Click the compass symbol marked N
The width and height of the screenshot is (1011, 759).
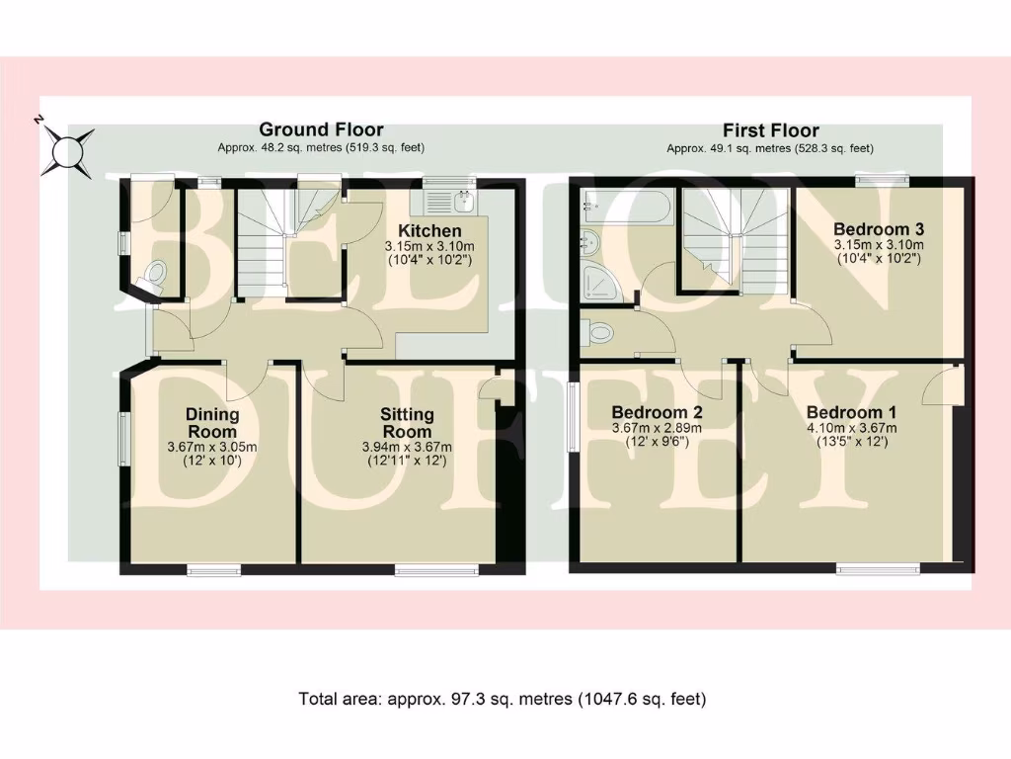(66, 150)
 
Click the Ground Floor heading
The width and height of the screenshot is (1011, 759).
(321, 129)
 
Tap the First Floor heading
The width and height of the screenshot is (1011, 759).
(770, 130)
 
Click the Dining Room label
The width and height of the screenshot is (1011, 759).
(212, 423)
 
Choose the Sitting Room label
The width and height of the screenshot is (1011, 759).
(407, 423)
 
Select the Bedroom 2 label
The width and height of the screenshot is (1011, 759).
(657, 412)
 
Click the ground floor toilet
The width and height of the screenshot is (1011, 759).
(154, 274)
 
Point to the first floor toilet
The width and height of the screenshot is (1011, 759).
(599, 333)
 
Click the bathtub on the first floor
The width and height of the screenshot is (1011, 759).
(627, 207)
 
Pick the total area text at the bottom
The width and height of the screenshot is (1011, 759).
(503, 699)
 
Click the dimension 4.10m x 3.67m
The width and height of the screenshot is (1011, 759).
(851, 428)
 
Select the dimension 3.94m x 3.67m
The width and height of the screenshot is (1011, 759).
(407, 447)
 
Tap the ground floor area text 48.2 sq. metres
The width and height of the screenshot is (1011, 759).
(321, 147)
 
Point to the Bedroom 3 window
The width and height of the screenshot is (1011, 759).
(881, 180)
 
